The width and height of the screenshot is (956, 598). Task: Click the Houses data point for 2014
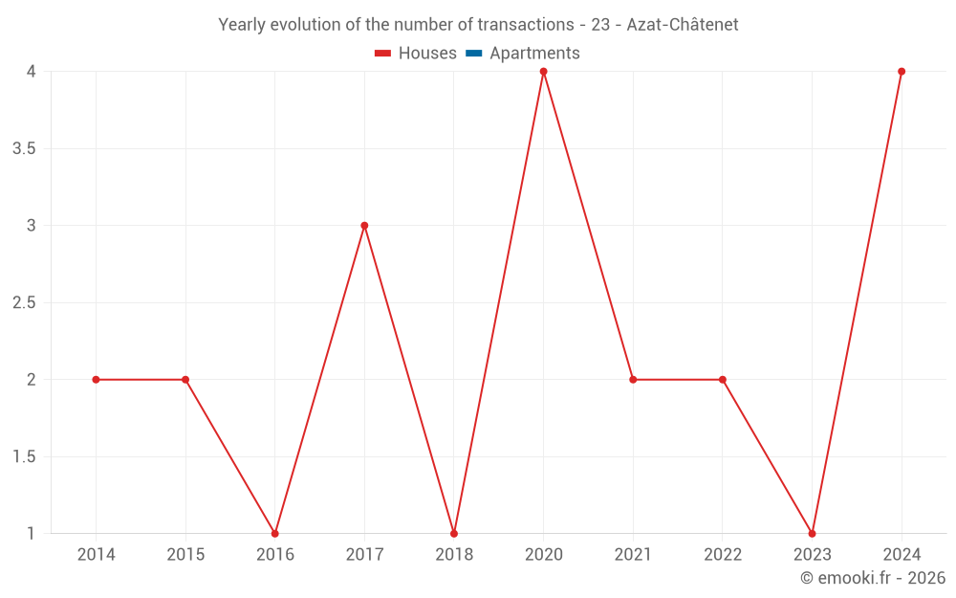click(x=96, y=380)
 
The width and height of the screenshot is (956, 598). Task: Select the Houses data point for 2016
click(x=275, y=533)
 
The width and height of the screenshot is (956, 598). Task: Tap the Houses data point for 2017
click(x=364, y=226)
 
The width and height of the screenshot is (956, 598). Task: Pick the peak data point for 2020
click(x=543, y=72)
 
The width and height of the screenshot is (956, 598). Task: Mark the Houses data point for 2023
click(x=812, y=533)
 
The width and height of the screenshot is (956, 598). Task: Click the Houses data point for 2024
click(x=902, y=72)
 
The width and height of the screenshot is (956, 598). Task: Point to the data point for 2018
click(x=454, y=533)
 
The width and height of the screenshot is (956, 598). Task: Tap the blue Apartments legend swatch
click(x=474, y=54)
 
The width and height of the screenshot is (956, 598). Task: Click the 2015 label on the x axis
click(x=185, y=554)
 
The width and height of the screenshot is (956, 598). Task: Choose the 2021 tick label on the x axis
click(x=633, y=554)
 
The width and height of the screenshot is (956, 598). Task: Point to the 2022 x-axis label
click(x=723, y=554)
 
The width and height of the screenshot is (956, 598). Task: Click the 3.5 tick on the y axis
click(x=25, y=149)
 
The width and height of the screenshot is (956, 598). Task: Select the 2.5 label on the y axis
click(x=25, y=303)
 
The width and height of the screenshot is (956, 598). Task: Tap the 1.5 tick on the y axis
click(x=25, y=457)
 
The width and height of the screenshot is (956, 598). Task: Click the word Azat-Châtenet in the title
click(x=683, y=25)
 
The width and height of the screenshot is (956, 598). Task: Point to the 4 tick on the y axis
click(x=32, y=72)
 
